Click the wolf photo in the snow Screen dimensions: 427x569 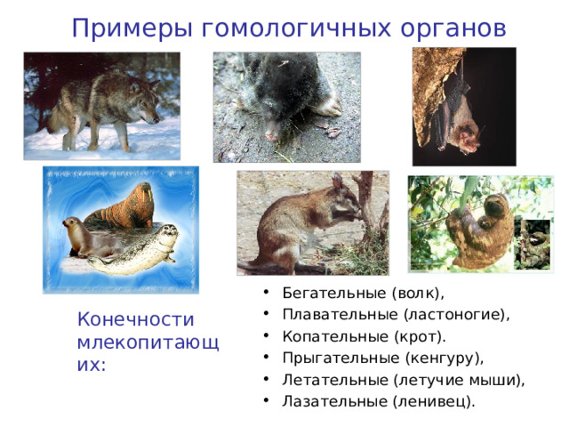pos(101,105)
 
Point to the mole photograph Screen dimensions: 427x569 pos(286,107)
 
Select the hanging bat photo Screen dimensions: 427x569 pos(463,107)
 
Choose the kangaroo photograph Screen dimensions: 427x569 pos(311,222)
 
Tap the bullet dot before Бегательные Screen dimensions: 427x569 pos(268,294)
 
